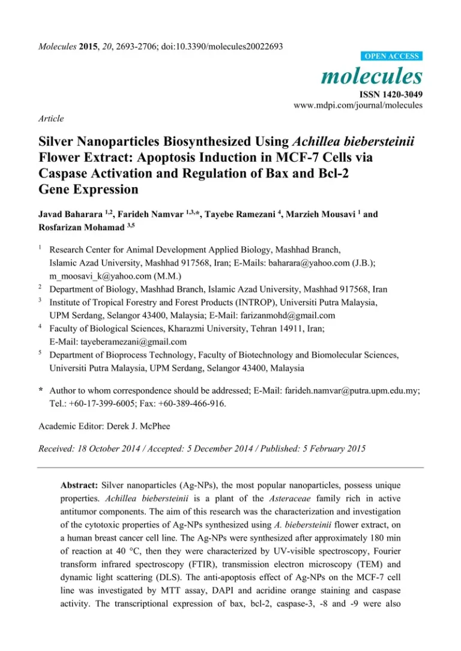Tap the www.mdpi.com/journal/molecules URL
[x=358, y=105]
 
